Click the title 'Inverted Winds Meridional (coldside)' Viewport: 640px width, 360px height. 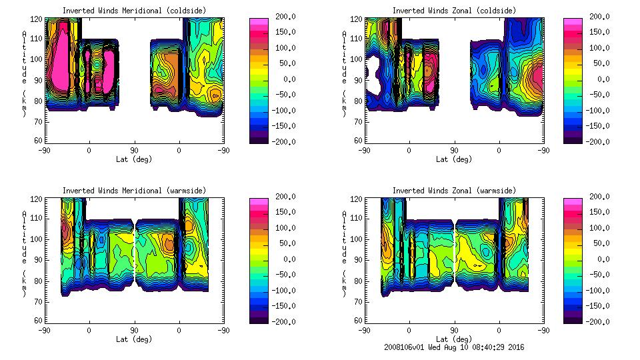pyautogui.click(x=134, y=11)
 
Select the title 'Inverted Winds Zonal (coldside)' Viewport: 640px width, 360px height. pyautogui.click(x=454, y=11)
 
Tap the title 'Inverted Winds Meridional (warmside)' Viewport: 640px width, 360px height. pyautogui.click(x=134, y=191)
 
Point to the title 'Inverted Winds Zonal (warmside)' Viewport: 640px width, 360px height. pyautogui.click(x=454, y=191)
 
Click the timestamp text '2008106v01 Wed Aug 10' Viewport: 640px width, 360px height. pyautogui.click(x=431, y=347)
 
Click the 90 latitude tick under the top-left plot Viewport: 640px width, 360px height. pyautogui.click(x=134, y=150)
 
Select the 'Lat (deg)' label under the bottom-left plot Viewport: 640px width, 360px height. pyautogui.click(x=134, y=339)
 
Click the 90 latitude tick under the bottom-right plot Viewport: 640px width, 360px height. pyautogui.click(x=454, y=330)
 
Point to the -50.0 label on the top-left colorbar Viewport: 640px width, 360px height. pyautogui.click(x=284, y=95)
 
